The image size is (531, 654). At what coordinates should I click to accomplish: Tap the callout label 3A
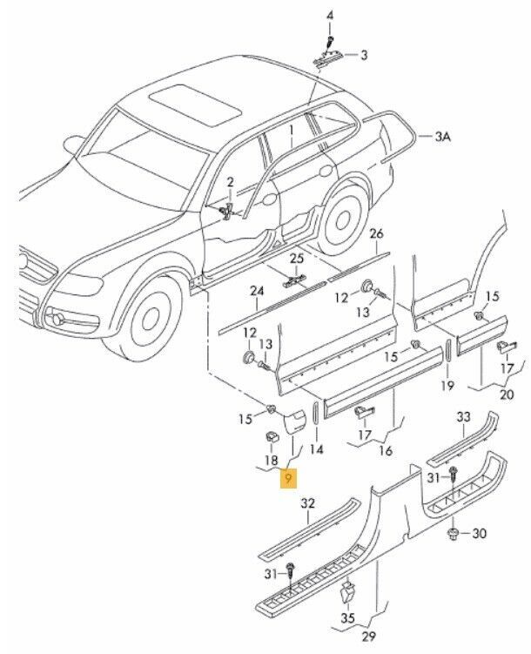pos(444,137)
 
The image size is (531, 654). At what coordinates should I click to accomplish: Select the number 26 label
pos(376,234)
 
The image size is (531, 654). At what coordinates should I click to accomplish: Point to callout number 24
pos(257,291)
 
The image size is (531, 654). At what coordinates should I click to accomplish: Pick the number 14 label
pos(316,449)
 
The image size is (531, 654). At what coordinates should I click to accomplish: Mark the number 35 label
pos(347,619)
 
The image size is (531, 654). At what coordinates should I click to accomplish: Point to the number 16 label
pos(386,451)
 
